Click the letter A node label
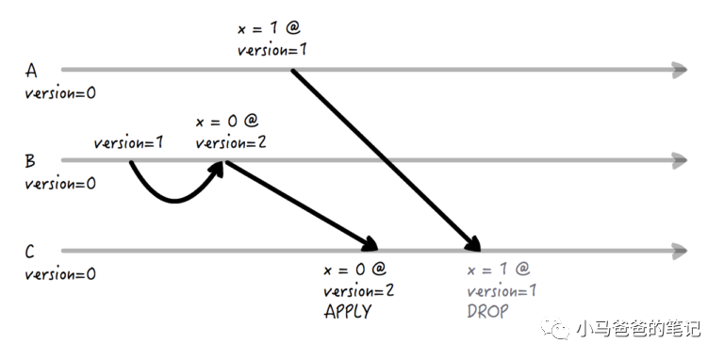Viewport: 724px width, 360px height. [x=31, y=71]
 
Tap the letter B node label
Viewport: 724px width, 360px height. [x=30, y=161]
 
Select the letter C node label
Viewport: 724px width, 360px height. [x=29, y=252]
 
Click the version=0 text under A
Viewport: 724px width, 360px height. [x=60, y=93]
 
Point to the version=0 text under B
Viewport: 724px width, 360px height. [x=60, y=184]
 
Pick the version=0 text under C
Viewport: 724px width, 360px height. [x=60, y=274]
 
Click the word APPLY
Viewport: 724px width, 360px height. [x=348, y=312]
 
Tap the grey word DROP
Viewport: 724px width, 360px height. [x=487, y=312]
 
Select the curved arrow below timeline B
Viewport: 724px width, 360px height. [x=173, y=200]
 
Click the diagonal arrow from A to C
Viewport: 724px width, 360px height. [x=386, y=160]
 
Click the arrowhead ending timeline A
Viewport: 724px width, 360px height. [x=680, y=70]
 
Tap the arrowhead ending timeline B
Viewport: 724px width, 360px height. [x=680, y=160]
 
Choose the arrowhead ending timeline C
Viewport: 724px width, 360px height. [x=680, y=251]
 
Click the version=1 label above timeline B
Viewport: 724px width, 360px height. [x=128, y=142]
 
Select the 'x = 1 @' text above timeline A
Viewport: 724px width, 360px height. [x=269, y=28]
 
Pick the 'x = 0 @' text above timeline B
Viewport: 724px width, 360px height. [x=227, y=121]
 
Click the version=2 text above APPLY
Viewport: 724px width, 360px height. [x=359, y=291]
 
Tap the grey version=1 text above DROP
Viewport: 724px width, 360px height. [x=502, y=291]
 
